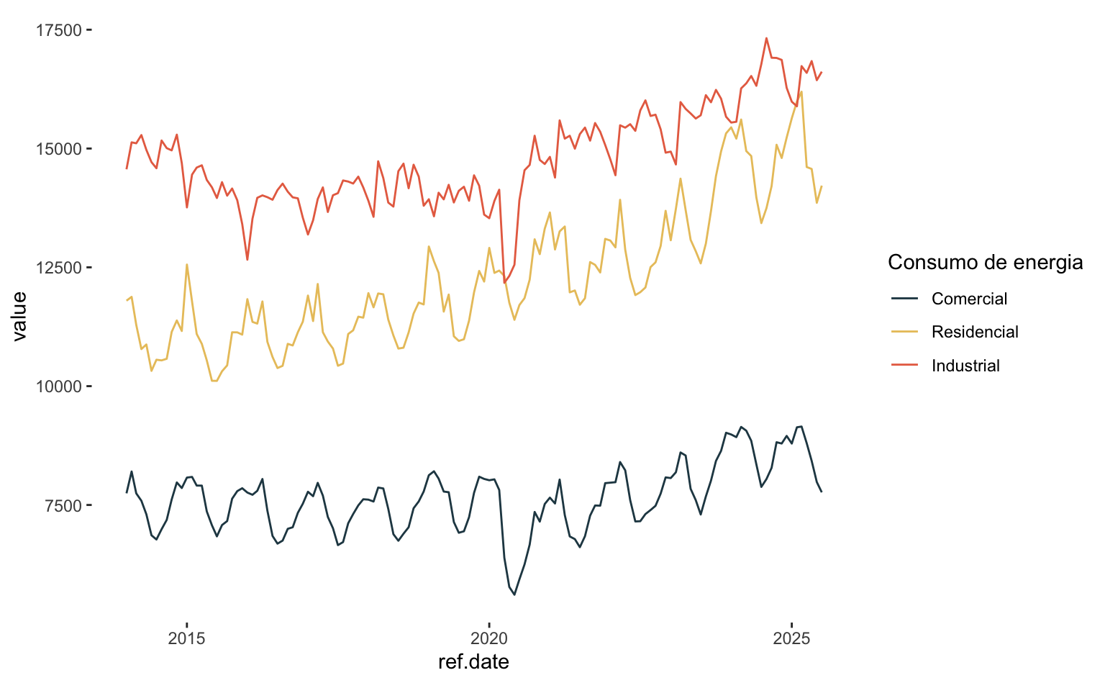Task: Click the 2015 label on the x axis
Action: click(x=186, y=638)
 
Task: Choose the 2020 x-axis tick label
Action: click(x=489, y=638)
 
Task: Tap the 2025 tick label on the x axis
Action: click(x=791, y=638)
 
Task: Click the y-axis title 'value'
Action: click(x=19, y=316)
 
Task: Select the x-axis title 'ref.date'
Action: click(x=473, y=662)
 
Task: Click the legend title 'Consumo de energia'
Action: click(x=985, y=263)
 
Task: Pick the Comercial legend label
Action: click(x=969, y=299)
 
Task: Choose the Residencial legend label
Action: click(x=975, y=332)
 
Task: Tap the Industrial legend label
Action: click(x=965, y=366)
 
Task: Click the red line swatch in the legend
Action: click(x=905, y=366)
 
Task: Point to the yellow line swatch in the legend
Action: click(x=905, y=332)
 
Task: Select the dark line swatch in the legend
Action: click(x=905, y=299)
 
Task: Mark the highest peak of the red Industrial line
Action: click(x=766, y=38)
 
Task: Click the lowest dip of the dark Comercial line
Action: click(x=514, y=594)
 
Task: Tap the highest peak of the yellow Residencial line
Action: click(x=801, y=91)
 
